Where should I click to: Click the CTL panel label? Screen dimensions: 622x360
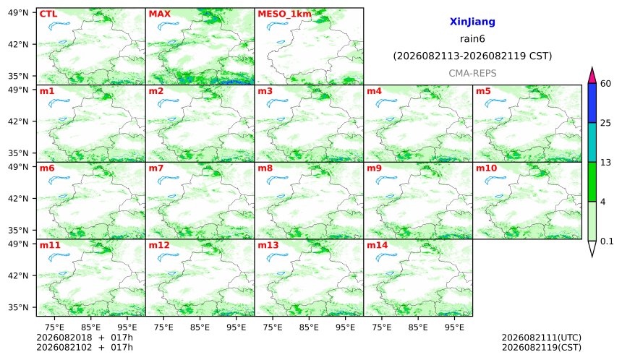click(48, 14)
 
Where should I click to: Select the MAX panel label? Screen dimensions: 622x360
click(159, 14)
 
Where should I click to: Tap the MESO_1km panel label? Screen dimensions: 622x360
click(284, 14)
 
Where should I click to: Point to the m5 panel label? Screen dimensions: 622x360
click(483, 91)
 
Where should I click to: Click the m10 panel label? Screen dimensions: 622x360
click(486, 168)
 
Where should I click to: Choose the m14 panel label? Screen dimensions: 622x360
click(377, 245)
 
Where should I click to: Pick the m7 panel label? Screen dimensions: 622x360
click(156, 168)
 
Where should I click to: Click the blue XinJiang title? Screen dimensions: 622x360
click(472, 22)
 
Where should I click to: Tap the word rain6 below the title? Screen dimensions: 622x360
click(472, 39)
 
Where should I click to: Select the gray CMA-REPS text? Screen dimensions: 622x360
click(472, 73)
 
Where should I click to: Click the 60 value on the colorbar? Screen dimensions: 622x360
click(606, 84)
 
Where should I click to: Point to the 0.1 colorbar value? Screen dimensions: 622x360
click(607, 241)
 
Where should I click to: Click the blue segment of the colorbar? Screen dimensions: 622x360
click(592, 103)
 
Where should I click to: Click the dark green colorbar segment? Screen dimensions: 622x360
click(592, 182)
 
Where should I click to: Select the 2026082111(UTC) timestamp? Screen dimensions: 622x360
click(542, 338)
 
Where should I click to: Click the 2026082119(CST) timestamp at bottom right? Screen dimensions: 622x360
click(542, 348)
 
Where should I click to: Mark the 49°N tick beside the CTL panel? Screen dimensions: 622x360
click(18, 13)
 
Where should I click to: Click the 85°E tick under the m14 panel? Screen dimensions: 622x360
click(418, 327)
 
